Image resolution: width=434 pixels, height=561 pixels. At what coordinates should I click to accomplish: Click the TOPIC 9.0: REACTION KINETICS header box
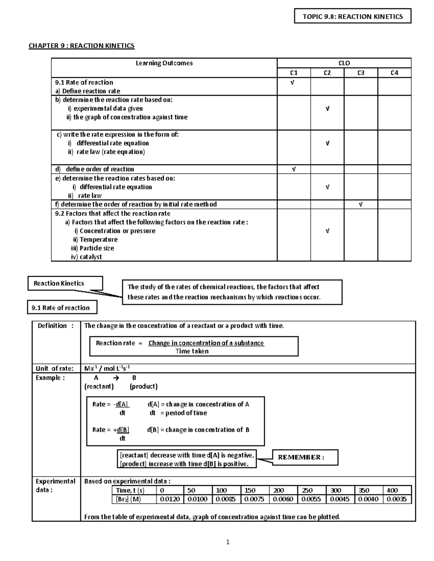click(x=352, y=17)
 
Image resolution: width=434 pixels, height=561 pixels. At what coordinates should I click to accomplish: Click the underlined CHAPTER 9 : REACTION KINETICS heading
click(x=81, y=46)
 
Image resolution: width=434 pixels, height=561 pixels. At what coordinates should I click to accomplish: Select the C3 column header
click(x=361, y=73)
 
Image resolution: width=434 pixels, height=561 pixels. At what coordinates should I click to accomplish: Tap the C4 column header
click(x=394, y=73)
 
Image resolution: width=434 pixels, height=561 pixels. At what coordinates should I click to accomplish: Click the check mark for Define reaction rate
click(x=293, y=83)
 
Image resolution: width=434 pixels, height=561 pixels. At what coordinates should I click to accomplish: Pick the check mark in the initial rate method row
click(x=361, y=204)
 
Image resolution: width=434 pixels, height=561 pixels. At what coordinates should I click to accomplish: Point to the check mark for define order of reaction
click(x=294, y=169)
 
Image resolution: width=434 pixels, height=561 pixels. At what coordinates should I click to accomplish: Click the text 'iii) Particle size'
click(x=93, y=248)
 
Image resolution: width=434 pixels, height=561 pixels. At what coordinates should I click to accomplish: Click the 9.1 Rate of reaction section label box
click(x=62, y=308)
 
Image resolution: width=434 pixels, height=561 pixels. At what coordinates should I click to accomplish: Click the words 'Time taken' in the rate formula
click(x=192, y=351)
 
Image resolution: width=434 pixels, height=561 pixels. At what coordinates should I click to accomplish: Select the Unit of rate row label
click(x=54, y=368)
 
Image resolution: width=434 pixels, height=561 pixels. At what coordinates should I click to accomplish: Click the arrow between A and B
click(x=116, y=378)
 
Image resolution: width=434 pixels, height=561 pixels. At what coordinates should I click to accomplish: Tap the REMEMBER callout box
click(x=305, y=457)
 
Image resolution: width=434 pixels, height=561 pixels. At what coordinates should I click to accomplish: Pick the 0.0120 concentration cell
click(x=170, y=499)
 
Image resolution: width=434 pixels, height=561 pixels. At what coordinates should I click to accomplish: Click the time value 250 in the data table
click(x=307, y=490)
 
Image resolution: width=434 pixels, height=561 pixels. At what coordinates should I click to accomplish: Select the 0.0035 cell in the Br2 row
click(x=396, y=499)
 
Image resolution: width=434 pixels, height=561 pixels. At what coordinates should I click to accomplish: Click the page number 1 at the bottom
click(x=227, y=542)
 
